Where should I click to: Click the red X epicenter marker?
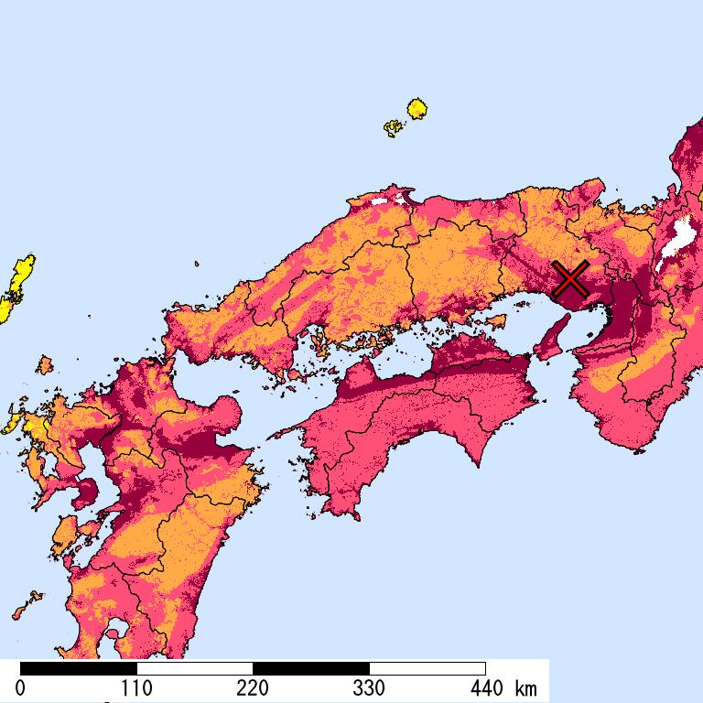570,277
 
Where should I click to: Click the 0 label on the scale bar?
20,688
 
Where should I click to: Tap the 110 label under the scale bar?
136,688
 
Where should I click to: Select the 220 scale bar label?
253,688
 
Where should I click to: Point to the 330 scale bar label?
369,688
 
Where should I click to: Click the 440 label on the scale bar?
485,688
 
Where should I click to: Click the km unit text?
525,688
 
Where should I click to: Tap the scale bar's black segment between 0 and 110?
78,668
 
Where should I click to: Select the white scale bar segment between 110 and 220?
194,668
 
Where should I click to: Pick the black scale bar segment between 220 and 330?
310,668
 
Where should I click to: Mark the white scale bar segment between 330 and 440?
427,668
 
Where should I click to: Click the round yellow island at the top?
417,109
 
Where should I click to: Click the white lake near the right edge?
678,238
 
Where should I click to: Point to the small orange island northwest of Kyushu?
43,365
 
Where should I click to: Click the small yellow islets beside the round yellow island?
394,127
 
